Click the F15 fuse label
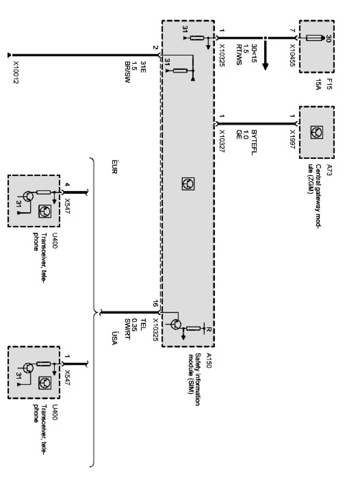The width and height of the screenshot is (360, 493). (x=329, y=84)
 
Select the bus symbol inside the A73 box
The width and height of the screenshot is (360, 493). (x=317, y=133)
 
